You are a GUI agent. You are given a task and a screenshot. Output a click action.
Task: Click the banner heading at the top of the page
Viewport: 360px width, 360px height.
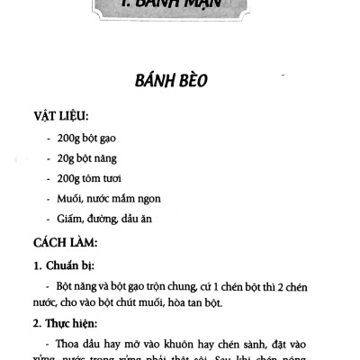[x=179, y=11]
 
